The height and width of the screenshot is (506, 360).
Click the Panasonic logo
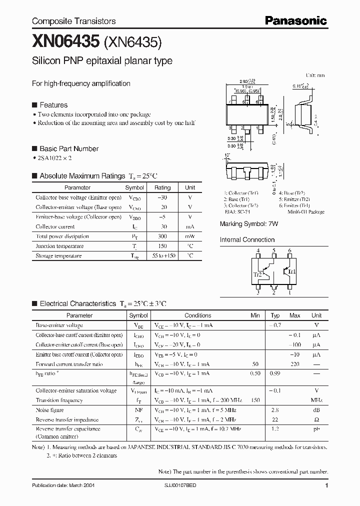[x=295, y=20]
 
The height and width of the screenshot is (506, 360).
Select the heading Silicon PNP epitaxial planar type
[x=102, y=61]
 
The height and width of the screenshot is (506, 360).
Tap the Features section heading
[x=53, y=105]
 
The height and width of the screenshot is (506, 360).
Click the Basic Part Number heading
[x=68, y=148]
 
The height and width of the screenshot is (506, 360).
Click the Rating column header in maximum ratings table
[x=162, y=187]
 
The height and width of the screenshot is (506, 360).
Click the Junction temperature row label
[x=58, y=246]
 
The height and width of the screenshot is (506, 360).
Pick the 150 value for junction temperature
[x=162, y=246]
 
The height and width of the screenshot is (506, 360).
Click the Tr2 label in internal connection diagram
[x=256, y=274]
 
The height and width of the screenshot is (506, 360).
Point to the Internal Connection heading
[x=247, y=240]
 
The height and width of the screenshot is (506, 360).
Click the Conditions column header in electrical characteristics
[x=197, y=315]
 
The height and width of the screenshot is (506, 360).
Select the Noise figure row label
[x=49, y=410]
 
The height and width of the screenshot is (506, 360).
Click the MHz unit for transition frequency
[x=316, y=400]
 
